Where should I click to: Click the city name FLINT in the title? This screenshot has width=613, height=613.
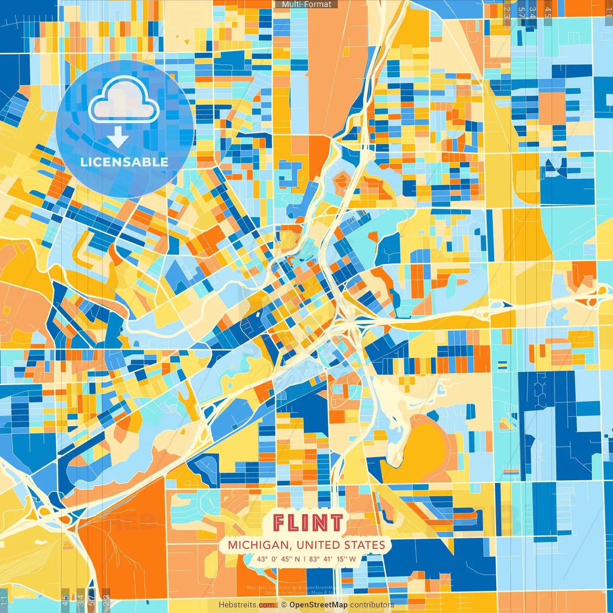point(308,523)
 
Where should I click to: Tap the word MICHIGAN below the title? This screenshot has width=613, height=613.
point(258,545)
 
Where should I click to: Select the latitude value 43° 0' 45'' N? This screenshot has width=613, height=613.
point(278,559)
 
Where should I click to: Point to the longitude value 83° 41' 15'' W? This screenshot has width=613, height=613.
point(332,559)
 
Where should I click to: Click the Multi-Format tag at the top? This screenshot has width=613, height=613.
point(306,4)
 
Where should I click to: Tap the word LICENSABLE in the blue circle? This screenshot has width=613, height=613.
point(125,162)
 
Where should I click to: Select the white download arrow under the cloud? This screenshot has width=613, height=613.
point(118,137)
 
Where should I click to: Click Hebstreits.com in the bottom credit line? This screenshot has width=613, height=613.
point(246,605)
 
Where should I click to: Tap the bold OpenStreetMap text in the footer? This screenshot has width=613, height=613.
point(318,605)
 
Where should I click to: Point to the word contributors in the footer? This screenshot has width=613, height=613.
point(372,605)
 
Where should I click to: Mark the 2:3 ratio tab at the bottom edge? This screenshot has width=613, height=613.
point(106,600)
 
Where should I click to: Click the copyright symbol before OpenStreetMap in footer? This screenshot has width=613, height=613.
point(284,605)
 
